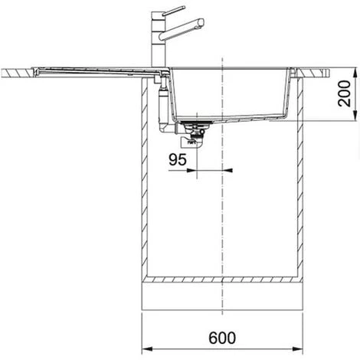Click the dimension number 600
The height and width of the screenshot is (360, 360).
[222, 338]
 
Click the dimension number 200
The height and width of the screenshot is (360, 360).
[344, 93]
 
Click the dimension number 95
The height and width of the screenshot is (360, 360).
[178, 160]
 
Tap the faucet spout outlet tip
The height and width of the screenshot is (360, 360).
[201, 22]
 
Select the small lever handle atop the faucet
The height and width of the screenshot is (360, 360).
[174, 11]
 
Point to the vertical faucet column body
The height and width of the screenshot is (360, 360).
[159, 40]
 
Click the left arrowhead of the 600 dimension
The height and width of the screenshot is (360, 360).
[147, 349]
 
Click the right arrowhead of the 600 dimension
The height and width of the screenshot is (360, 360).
[297, 349]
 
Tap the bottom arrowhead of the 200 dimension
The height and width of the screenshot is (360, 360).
[355, 116]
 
